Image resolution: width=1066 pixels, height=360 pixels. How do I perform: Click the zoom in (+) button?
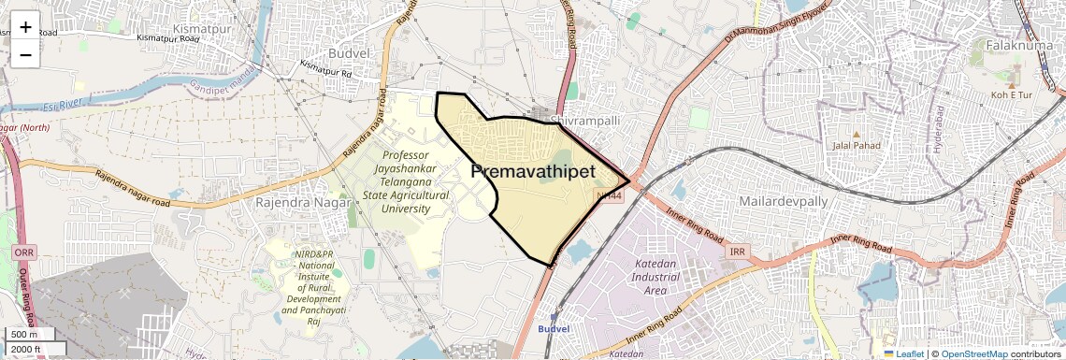pyautogui.click(x=25, y=27)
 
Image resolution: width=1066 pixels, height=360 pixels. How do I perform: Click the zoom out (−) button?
pyautogui.click(x=25, y=53)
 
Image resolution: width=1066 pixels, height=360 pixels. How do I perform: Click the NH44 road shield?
pyautogui.click(x=609, y=195)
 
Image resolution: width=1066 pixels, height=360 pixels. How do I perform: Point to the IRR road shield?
pyautogui.click(x=737, y=252)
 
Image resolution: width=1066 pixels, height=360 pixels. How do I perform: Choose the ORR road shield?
pyautogui.click(x=24, y=252)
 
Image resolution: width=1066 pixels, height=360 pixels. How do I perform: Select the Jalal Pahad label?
pyautogui.click(x=857, y=145)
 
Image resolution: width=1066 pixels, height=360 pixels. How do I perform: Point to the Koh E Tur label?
pyautogui.click(x=1012, y=95)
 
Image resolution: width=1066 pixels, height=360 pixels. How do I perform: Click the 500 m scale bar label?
pyautogui.click(x=24, y=335)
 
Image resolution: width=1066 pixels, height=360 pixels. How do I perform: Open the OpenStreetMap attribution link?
pyautogui.click(x=974, y=353)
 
